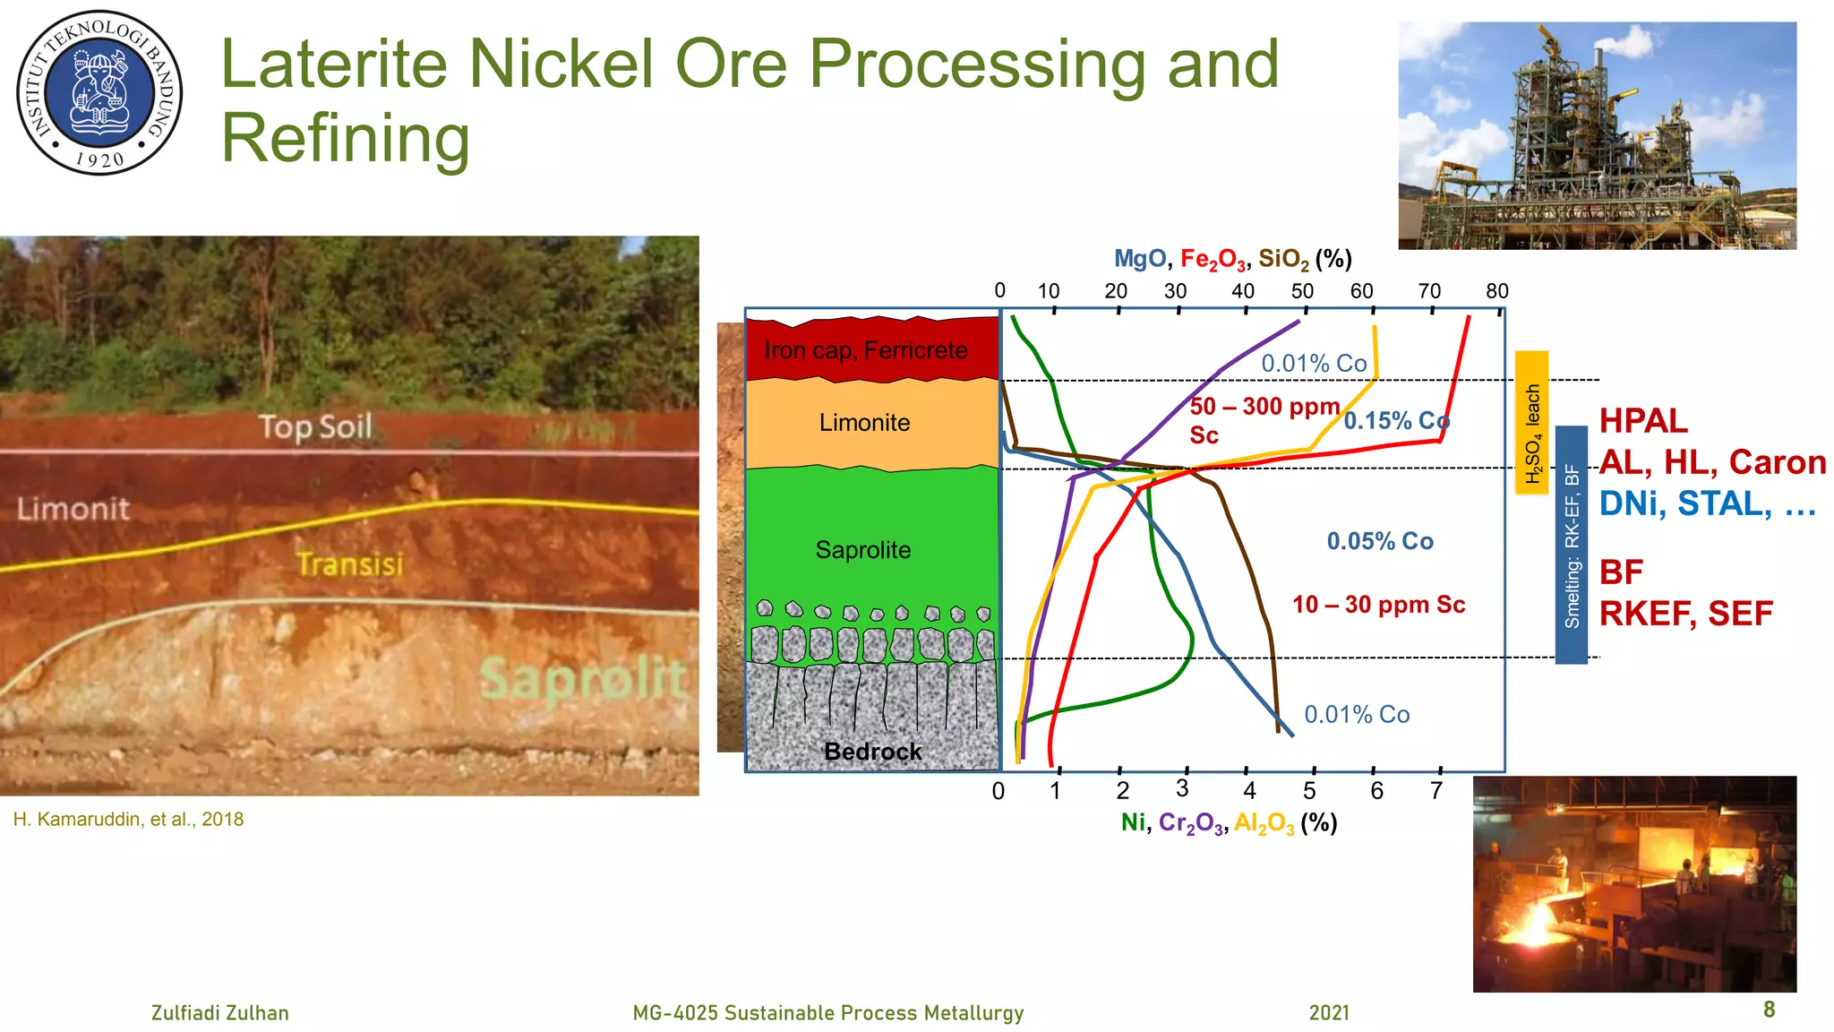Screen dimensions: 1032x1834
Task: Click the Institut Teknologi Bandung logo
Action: coord(99,92)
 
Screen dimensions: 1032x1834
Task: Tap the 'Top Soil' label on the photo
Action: coord(315,426)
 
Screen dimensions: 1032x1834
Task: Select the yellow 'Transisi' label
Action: coord(350,564)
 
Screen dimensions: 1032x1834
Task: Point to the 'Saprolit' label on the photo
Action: coord(583,678)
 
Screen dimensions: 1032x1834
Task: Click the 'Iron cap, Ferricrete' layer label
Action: coord(865,350)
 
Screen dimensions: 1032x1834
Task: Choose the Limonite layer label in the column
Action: coord(864,423)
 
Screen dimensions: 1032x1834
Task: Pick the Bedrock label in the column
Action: coord(872,752)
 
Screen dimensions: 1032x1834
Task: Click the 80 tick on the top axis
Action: coord(1496,291)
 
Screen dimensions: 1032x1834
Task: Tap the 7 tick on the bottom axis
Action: coord(1436,790)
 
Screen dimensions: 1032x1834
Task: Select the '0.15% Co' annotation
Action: coord(1396,421)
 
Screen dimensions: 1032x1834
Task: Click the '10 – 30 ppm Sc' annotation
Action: coord(1378,605)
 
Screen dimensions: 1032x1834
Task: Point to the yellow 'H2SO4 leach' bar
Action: coord(1531,422)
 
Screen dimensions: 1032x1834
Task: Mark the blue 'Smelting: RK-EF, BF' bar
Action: coord(1571,545)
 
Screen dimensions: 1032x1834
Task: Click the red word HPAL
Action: coord(1643,421)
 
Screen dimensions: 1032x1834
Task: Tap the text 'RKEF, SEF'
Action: coord(1685,614)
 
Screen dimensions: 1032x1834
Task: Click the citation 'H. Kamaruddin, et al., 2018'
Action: coord(128,820)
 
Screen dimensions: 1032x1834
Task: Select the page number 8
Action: coord(1769,1010)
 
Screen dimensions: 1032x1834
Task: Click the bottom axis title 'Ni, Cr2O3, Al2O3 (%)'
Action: coord(1229,823)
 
